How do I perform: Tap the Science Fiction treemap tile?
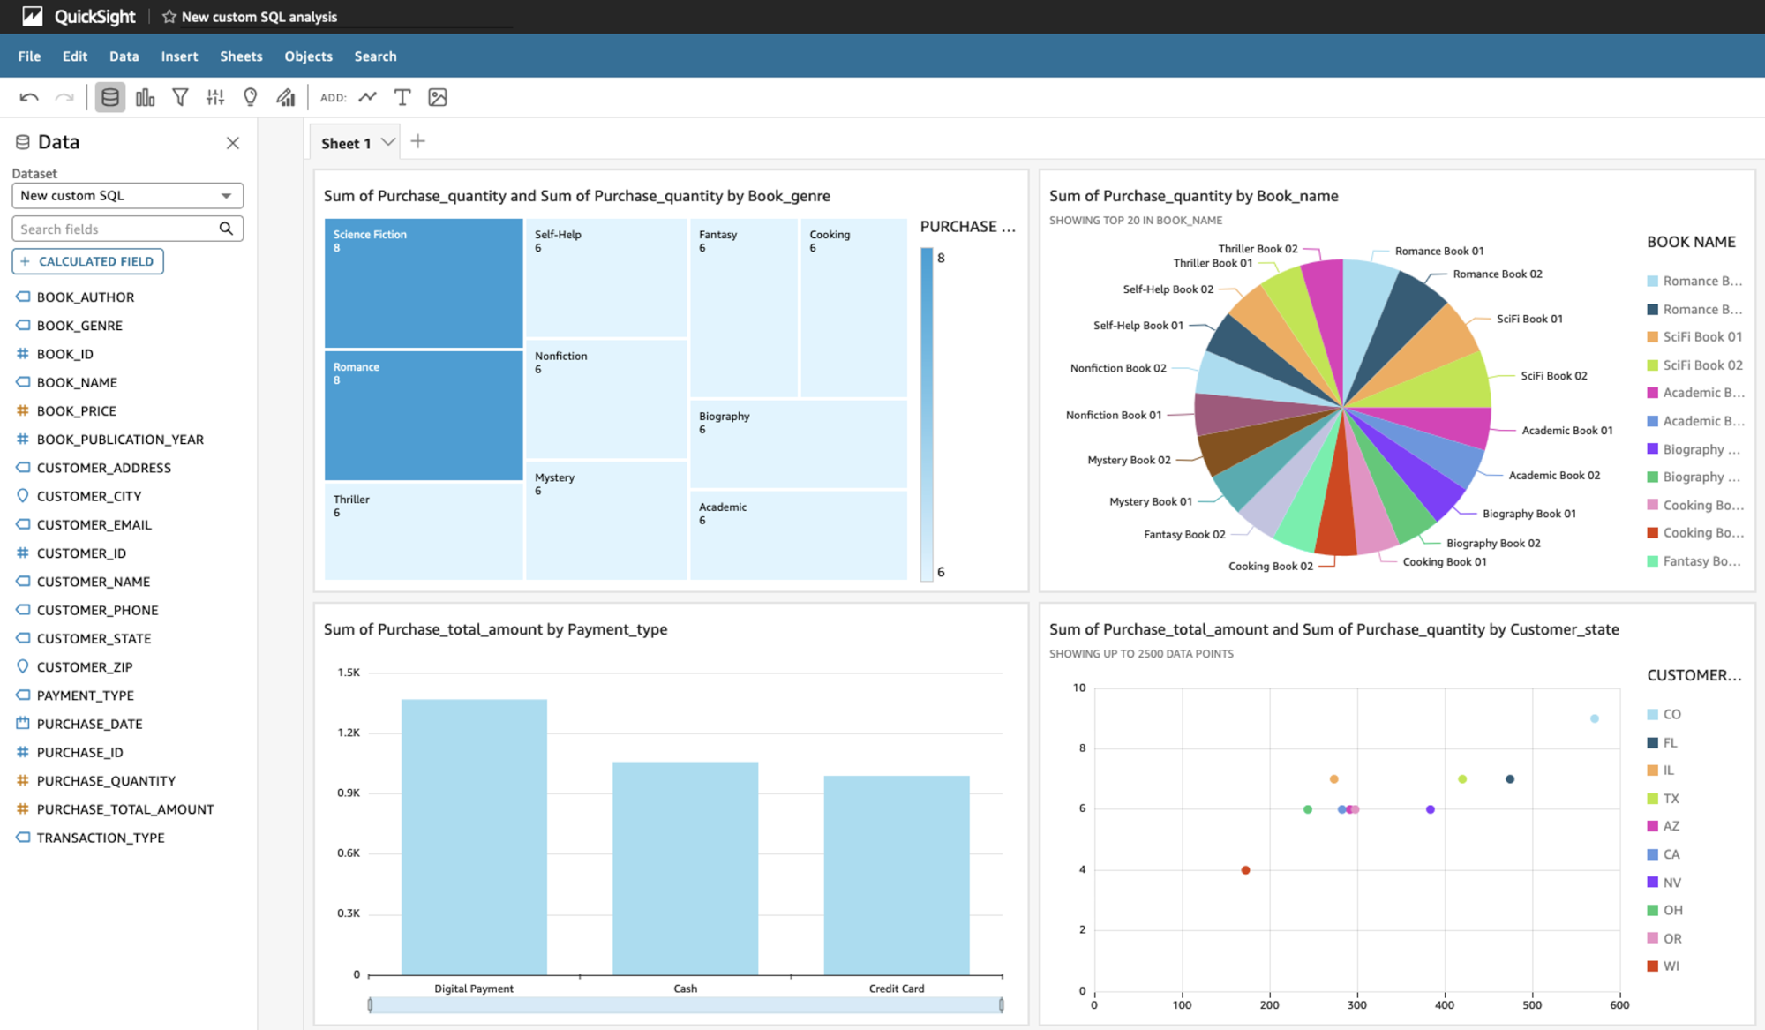424,283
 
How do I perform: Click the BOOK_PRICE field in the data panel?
76,410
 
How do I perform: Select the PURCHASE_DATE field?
89,724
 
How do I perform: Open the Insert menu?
179,56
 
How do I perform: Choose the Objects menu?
308,56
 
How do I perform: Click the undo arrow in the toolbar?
29,98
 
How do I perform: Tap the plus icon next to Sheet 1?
418,142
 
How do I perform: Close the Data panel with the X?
233,143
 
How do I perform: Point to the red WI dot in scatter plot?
1245,870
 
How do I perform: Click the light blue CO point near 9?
1594,719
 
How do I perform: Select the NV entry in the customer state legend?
1671,883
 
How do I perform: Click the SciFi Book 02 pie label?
1553,376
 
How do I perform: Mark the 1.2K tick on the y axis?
349,733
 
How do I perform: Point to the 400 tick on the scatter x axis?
1444,1004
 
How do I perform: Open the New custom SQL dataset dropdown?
127,196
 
